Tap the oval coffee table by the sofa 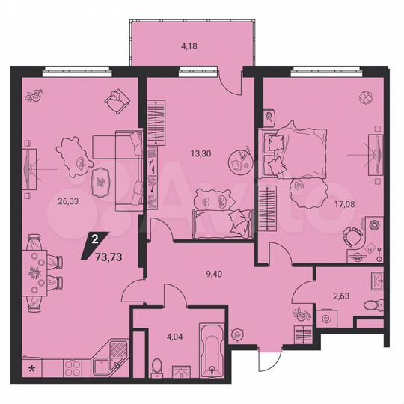click(x=100, y=180)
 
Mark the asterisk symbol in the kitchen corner click(x=31, y=369)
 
